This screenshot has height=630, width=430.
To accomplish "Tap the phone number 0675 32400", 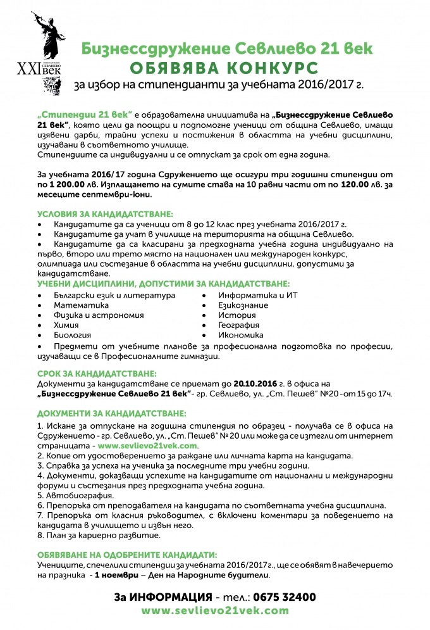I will pyautogui.click(x=285, y=597).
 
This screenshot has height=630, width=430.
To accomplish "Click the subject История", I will pyautogui.click(x=237, y=315).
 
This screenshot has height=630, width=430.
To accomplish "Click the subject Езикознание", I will pyautogui.click(x=243, y=305).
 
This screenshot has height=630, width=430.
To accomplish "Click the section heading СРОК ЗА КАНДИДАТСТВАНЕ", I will pyautogui.click(x=97, y=374).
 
